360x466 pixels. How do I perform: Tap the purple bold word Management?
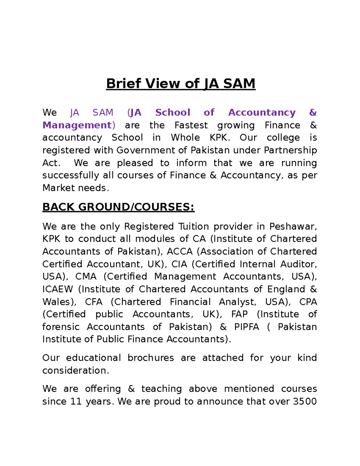[77, 125]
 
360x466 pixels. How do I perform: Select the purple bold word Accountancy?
[262, 112]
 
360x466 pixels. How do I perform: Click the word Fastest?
[191, 125]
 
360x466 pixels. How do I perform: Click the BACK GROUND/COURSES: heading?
[118, 207]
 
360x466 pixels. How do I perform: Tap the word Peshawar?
[292, 226]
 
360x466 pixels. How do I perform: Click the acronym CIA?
[179, 264]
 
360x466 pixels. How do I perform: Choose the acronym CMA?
[86, 276]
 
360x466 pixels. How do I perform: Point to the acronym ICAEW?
[58, 289]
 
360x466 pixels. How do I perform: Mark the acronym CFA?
[94, 302]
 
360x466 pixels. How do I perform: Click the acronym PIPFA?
[247, 327]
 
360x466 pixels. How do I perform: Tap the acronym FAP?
[239, 314]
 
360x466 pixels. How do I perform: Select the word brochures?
[151, 358]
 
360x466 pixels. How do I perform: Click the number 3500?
[304, 401]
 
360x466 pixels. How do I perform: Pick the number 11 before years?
[76, 401]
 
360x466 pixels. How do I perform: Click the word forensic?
[61, 327]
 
